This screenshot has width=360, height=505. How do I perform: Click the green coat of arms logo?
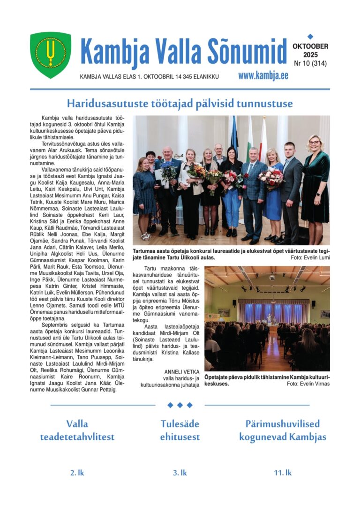coord(51,54)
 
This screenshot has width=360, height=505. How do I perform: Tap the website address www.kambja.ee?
coord(263,75)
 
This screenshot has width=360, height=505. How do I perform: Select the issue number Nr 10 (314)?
coord(310,63)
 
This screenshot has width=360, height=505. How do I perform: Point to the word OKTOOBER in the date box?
coord(310,46)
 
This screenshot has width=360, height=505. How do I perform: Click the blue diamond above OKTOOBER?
coord(310,36)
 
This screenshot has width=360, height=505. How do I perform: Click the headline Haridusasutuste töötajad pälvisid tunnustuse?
coord(180,103)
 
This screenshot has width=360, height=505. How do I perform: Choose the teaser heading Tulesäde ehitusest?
coord(180,430)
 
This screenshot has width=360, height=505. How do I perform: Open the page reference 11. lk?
coord(283,473)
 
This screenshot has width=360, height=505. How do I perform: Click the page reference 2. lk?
coord(77,473)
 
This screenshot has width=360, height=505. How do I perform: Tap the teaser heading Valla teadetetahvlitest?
coord(77,430)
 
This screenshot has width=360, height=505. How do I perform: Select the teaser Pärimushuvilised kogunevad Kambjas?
coord(283,430)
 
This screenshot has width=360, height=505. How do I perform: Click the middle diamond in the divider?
coord(180,405)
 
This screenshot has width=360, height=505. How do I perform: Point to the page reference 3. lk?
coord(180,473)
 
